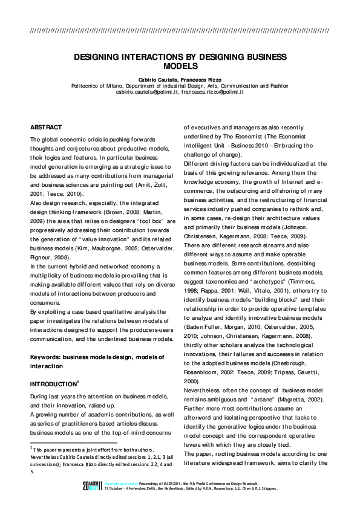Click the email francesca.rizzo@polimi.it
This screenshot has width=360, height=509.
(212, 92)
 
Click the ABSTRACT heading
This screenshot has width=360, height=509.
(46, 128)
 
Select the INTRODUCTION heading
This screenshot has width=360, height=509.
(53, 384)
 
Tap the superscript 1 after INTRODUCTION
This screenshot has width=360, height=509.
(78, 381)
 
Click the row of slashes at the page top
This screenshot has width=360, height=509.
(180, 30)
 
